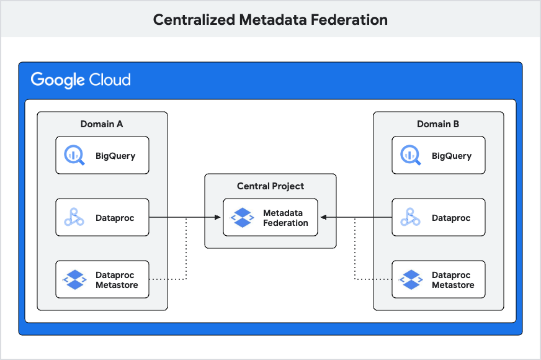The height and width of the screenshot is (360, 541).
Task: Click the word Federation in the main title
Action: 349,20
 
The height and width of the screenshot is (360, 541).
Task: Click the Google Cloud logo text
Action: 81,80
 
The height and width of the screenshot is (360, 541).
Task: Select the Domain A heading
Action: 102,124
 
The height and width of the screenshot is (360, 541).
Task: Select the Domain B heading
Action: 438,124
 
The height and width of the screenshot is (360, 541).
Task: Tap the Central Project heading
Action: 270,186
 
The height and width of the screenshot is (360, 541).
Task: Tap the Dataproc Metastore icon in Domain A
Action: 74,280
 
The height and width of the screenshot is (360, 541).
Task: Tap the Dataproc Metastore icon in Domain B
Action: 411,280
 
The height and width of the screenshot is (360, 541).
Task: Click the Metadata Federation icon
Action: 242,218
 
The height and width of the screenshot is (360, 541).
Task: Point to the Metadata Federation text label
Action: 285,218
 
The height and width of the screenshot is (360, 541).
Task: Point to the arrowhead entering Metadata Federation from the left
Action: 218,218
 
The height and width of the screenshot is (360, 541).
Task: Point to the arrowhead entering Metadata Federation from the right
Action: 323,218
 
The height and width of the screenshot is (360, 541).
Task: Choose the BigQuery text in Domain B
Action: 452,156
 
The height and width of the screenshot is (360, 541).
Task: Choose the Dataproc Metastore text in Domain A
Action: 115,280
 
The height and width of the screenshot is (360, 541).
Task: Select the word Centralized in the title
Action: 194,20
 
